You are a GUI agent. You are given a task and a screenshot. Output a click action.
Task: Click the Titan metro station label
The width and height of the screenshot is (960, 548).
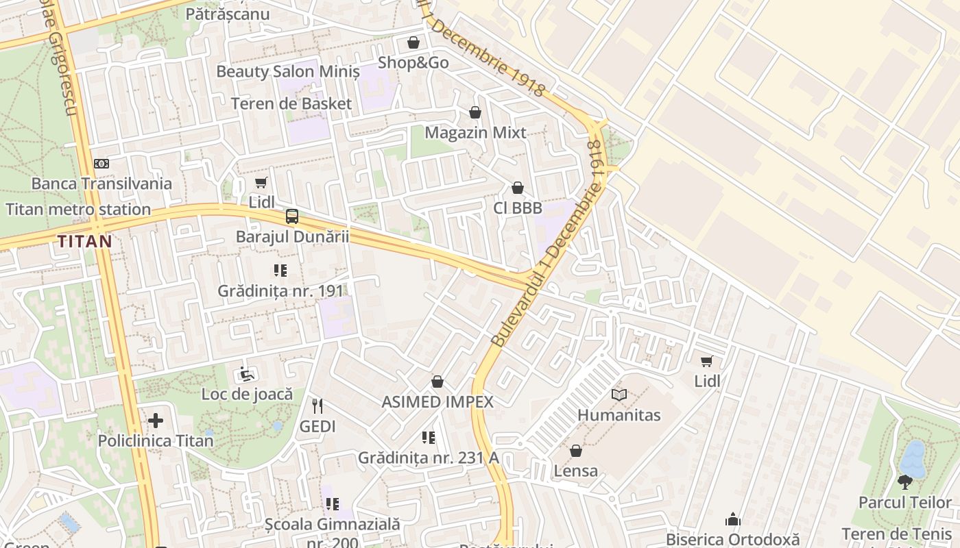click(x=78, y=210)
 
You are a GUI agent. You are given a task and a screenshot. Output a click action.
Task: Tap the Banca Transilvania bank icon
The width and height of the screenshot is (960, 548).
click(x=101, y=164)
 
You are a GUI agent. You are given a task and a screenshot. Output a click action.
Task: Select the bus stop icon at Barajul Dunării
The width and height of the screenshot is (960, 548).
click(x=292, y=216)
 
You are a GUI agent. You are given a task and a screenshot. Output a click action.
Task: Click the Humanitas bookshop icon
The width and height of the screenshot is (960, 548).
click(x=619, y=395)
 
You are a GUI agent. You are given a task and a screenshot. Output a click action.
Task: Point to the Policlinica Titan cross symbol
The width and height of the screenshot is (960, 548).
click(x=156, y=420)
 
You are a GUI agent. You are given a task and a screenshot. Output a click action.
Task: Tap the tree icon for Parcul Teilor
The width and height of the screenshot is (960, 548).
click(x=905, y=482)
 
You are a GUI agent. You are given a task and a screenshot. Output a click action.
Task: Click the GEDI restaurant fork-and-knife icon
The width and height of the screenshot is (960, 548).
click(x=317, y=406)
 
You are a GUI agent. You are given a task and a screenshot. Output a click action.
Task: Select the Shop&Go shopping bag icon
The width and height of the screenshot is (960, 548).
click(x=413, y=42)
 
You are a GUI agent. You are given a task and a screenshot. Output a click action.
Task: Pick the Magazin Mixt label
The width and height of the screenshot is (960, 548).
click(x=475, y=132)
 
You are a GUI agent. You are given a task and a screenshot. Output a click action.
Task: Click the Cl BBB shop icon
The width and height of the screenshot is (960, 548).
click(x=518, y=188)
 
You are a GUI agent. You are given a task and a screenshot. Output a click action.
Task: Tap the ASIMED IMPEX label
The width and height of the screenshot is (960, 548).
click(x=437, y=402)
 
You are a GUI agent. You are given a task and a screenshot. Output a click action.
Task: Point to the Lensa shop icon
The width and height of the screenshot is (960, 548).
click(x=576, y=451)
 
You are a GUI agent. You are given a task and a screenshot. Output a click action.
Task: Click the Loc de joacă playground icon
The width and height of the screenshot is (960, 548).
click(x=246, y=374)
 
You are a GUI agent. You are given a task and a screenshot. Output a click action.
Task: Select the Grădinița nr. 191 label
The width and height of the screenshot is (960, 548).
click(x=280, y=290)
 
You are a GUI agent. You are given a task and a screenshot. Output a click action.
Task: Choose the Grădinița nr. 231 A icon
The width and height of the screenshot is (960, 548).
click(x=429, y=437)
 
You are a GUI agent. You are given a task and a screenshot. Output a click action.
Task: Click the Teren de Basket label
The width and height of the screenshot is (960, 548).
click(x=291, y=104)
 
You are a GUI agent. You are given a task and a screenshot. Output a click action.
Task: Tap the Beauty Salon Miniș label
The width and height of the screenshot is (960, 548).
click(x=288, y=71)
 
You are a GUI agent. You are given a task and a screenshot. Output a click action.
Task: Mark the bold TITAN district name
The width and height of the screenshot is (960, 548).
click(x=85, y=241)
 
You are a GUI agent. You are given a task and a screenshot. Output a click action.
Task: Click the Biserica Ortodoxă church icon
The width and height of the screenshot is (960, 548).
click(x=733, y=519)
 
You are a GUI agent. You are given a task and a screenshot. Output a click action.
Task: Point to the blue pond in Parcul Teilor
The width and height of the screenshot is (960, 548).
click(x=911, y=457)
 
